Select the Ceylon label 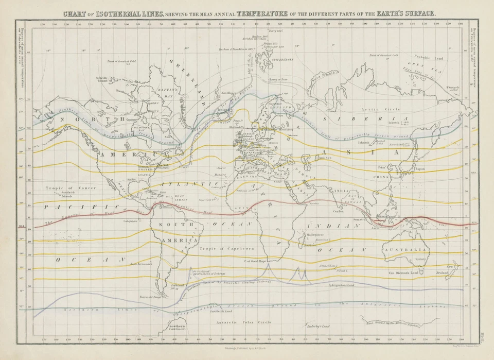click(339, 211)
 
